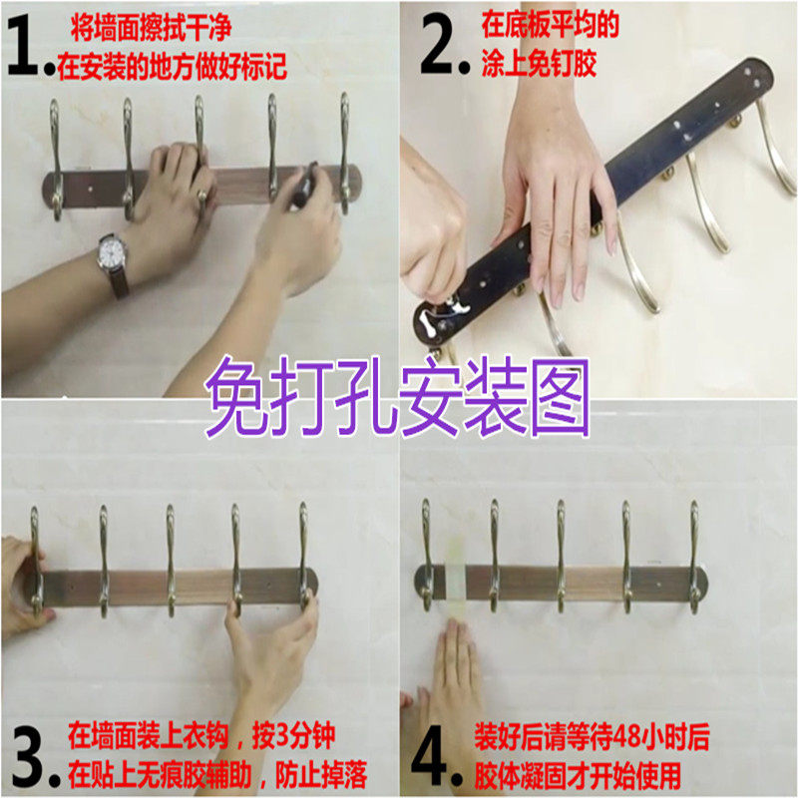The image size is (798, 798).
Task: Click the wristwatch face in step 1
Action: (x=113, y=252)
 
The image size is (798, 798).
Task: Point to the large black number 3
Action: (x=30, y=757)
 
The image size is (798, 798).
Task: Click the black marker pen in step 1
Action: (x=304, y=185)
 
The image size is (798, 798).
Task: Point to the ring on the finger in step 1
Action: (x=202, y=195)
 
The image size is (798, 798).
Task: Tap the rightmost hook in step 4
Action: (x=695, y=557)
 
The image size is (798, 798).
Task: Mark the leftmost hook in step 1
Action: (x=56, y=160)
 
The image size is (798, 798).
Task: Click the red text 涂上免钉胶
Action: (x=539, y=64)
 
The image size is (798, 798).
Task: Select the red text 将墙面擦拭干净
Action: (x=152, y=27)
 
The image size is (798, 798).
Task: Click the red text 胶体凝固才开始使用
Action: (x=579, y=775)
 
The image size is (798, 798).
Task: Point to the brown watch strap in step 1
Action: (x=119, y=281)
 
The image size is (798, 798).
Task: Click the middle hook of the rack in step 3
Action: (x=171, y=560)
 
